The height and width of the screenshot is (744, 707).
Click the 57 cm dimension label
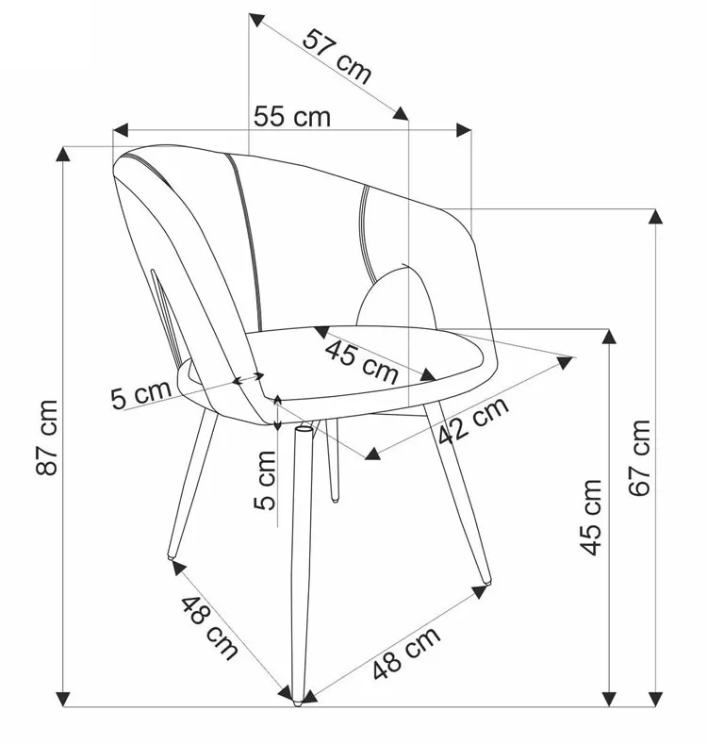click(337, 56)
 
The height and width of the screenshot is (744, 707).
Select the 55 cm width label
click(292, 117)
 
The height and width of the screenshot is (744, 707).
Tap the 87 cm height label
click(47, 437)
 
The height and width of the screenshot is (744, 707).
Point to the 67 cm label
click(640, 457)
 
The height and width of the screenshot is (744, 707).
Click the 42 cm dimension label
click(473, 421)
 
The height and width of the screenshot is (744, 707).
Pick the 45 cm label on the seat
click(362, 361)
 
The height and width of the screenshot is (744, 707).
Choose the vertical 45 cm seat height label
click(591, 517)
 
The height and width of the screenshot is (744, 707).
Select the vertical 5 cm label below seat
click(265, 481)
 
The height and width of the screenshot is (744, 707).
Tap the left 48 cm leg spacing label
click(209, 627)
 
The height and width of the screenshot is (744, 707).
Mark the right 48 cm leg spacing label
click(406, 653)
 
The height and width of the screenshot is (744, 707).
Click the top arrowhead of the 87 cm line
click(63, 154)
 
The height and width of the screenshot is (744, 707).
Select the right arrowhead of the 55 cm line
click(464, 130)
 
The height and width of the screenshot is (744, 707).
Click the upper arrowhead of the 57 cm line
click(256, 21)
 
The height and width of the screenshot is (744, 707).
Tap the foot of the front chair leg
click(298, 702)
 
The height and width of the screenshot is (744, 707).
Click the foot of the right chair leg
click(486, 580)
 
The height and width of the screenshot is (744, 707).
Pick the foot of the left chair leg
click(172, 556)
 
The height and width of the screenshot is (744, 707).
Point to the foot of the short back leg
click(335, 499)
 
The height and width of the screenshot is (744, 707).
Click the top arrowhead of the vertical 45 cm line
click(609, 337)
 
